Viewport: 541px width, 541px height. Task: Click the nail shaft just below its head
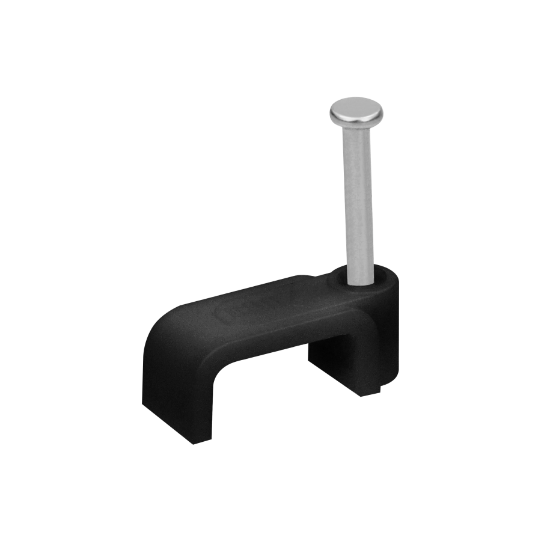pyautogui.click(x=356, y=135)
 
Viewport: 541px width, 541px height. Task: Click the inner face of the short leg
pyautogui.click(x=319, y=361)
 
